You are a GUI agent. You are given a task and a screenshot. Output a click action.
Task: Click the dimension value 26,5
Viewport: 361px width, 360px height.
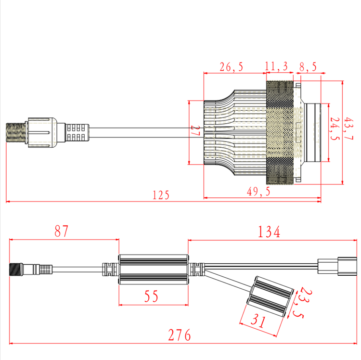point(231,67)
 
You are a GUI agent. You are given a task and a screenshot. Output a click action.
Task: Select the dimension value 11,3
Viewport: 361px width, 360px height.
point(276,66)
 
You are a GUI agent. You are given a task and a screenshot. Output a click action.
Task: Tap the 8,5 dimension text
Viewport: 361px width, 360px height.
point(308,67)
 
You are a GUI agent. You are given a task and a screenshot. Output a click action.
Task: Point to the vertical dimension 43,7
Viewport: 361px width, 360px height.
point(348,129)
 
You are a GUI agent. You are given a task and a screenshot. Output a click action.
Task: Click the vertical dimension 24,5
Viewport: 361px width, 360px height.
point(335,129)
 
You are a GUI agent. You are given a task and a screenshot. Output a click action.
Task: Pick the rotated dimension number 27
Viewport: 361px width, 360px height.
point(195,130)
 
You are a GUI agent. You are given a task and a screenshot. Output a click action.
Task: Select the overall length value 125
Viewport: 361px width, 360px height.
point(161,195)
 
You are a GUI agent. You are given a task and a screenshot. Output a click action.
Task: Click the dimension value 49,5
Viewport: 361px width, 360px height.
point(258,192)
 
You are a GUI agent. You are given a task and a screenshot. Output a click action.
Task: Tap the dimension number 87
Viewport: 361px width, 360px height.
point(62,231)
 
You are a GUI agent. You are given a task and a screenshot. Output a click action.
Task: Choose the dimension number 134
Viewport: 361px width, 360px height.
point(269,231)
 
